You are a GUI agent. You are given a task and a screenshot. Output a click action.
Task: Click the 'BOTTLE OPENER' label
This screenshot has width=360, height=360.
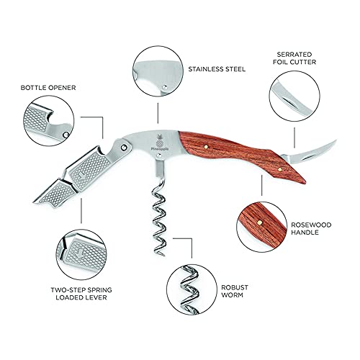[x=48, y=88]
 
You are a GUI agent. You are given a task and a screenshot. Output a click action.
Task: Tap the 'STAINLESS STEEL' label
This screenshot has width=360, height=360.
[x=217, y=69]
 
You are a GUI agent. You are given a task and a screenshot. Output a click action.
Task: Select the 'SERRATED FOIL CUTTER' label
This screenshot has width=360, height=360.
[x=294, y=58]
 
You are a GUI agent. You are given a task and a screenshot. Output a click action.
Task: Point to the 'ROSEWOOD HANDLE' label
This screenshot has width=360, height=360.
[x=311, y=228]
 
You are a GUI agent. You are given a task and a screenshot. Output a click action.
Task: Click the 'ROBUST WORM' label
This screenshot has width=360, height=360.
[x=235, y=291]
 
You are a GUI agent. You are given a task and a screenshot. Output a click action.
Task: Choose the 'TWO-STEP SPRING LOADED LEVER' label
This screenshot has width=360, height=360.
[x=81, y=294]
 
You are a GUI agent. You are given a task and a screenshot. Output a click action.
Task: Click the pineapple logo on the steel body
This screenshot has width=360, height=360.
[x=160, y=142]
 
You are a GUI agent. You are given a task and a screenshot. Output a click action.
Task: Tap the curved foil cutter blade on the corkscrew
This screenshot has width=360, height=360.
[x=310, y=153]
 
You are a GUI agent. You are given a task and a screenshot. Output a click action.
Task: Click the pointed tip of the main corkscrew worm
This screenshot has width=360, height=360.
[x=163, y=256]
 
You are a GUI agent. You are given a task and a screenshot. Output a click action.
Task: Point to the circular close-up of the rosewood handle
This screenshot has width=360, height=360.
[x=261, y=227]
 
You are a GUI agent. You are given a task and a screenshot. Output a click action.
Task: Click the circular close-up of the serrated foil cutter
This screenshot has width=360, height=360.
[x=294, y=96]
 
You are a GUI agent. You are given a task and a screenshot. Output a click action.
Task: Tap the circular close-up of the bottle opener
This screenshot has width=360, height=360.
[x=49, y=121]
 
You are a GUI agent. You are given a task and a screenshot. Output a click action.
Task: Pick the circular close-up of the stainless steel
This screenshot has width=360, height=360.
[x=158, y=71]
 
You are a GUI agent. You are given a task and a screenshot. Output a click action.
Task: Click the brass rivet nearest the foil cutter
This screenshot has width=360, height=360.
[x=280, y=169]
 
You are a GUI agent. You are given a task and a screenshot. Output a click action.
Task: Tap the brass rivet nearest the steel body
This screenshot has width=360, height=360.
[x=206, y=146]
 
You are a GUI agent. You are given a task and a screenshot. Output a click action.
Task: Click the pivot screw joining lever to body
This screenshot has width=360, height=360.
[x=124, y=147]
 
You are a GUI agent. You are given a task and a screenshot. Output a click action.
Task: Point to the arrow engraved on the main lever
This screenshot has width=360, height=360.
[x=82, y=176]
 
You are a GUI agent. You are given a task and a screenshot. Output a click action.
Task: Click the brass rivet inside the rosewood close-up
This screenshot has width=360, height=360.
[x=259, y=222]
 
